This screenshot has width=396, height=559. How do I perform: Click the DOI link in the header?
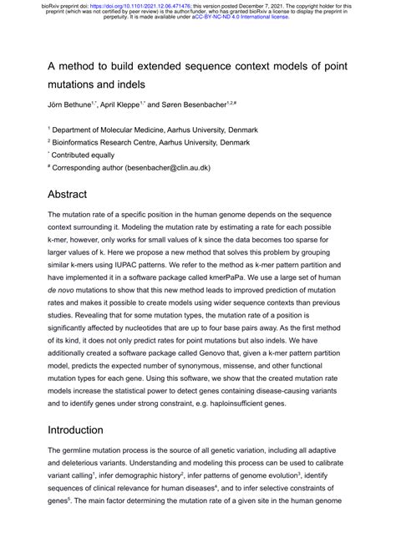pyautogui.click(x=126, y=5)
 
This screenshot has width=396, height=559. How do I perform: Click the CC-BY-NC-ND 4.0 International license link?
pyautogui.click(x=241, y=16)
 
